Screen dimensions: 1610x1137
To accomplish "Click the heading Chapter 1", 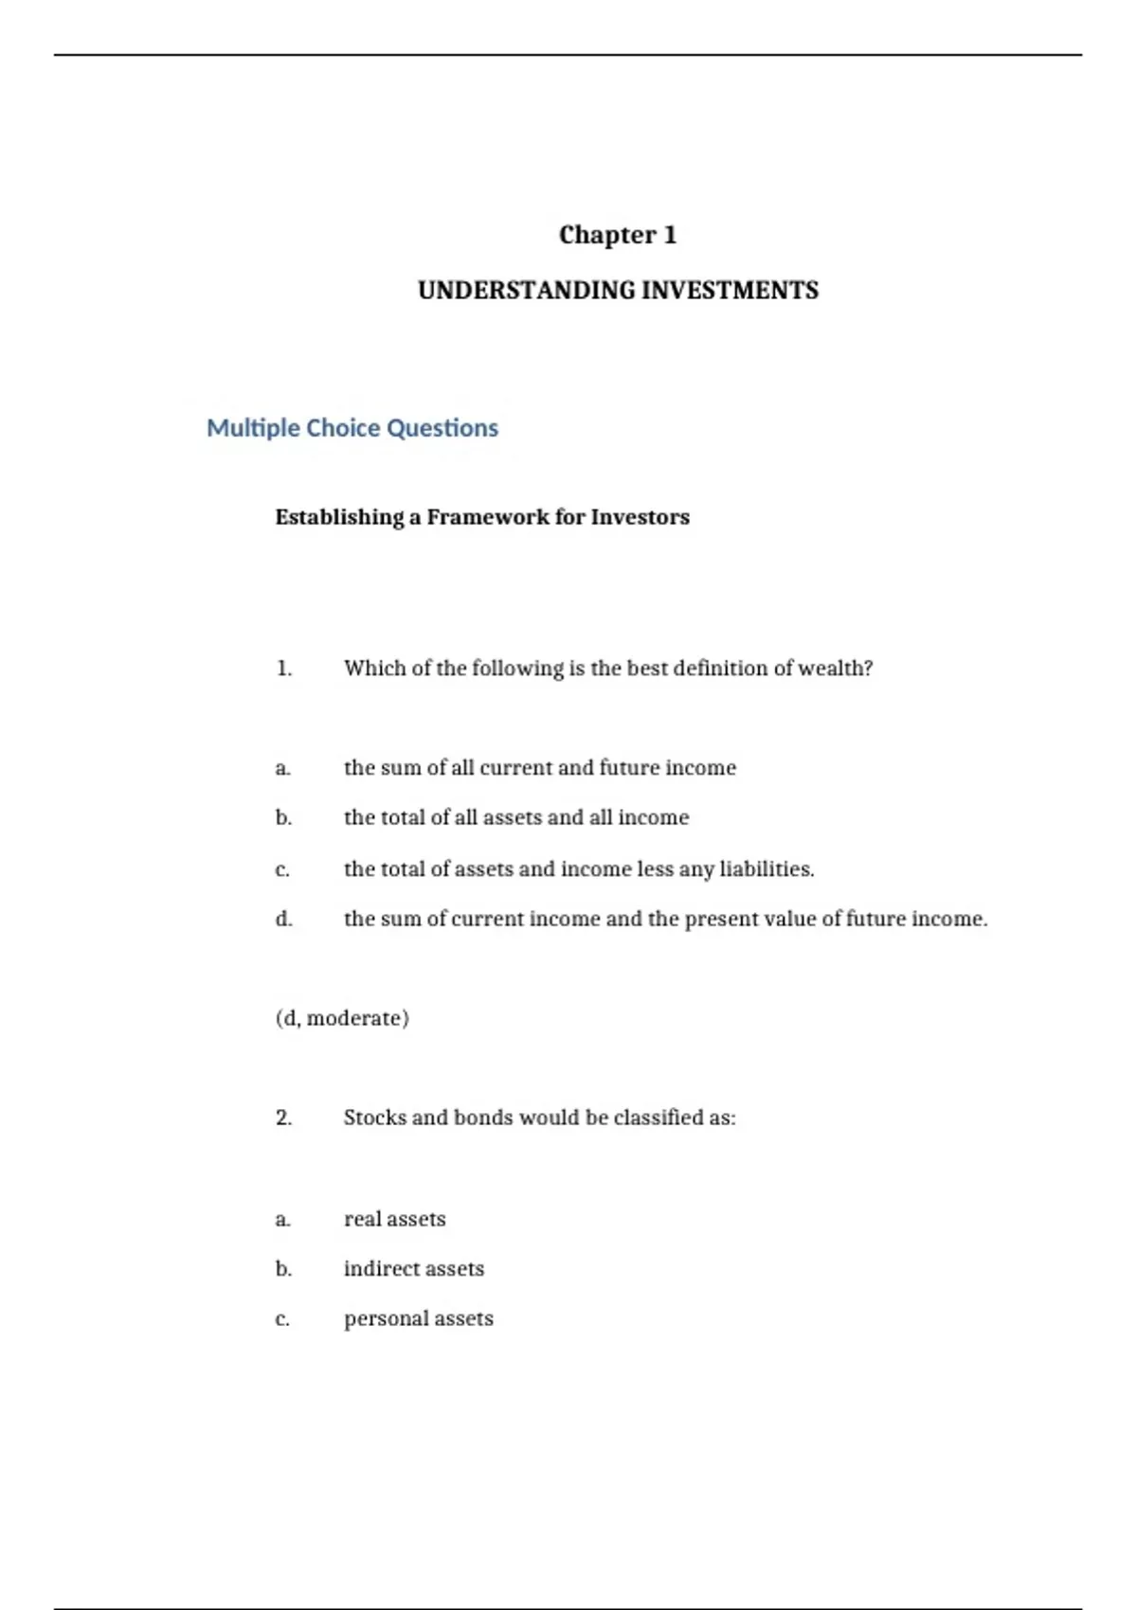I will click(618, 235).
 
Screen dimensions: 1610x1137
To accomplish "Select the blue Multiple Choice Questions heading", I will click(352, 428).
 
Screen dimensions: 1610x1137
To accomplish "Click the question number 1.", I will click(284, 669).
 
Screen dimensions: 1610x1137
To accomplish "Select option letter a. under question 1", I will click(282, 768).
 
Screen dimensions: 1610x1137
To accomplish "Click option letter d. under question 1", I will click(283, 919).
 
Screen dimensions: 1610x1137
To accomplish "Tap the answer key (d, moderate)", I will click(342, 1018).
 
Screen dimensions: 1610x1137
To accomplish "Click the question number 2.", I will click(284, 1118).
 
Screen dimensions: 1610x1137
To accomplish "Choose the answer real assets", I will click(394, 1219).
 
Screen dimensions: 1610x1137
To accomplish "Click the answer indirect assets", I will click(413, 1269).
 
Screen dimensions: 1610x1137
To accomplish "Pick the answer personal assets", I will click(418, 1319).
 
